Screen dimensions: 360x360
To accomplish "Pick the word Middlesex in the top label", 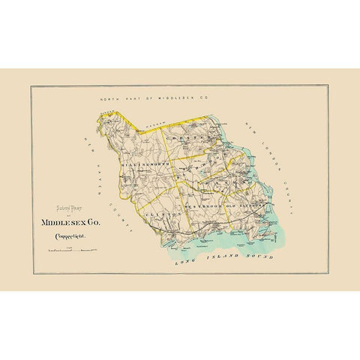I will [179, 98].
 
